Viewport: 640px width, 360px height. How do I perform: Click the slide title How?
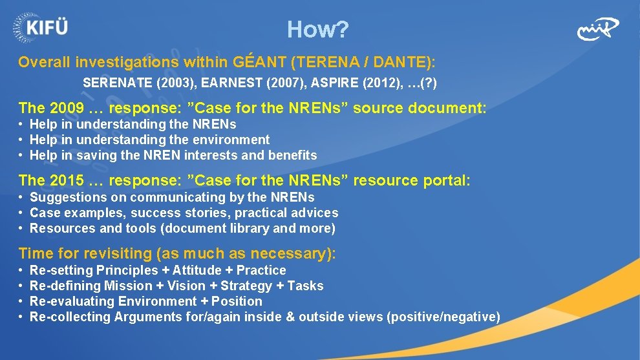(x=318, y=29)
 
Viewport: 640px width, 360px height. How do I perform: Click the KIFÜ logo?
(x=40, y=27)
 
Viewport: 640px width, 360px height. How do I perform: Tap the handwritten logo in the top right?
(x=597, y=29)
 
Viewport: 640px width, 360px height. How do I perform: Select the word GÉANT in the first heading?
(x=258, y=63)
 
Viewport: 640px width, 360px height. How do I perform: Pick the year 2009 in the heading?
(x=67, y=108)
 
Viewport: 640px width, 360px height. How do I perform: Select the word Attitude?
(x=197, y=270)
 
